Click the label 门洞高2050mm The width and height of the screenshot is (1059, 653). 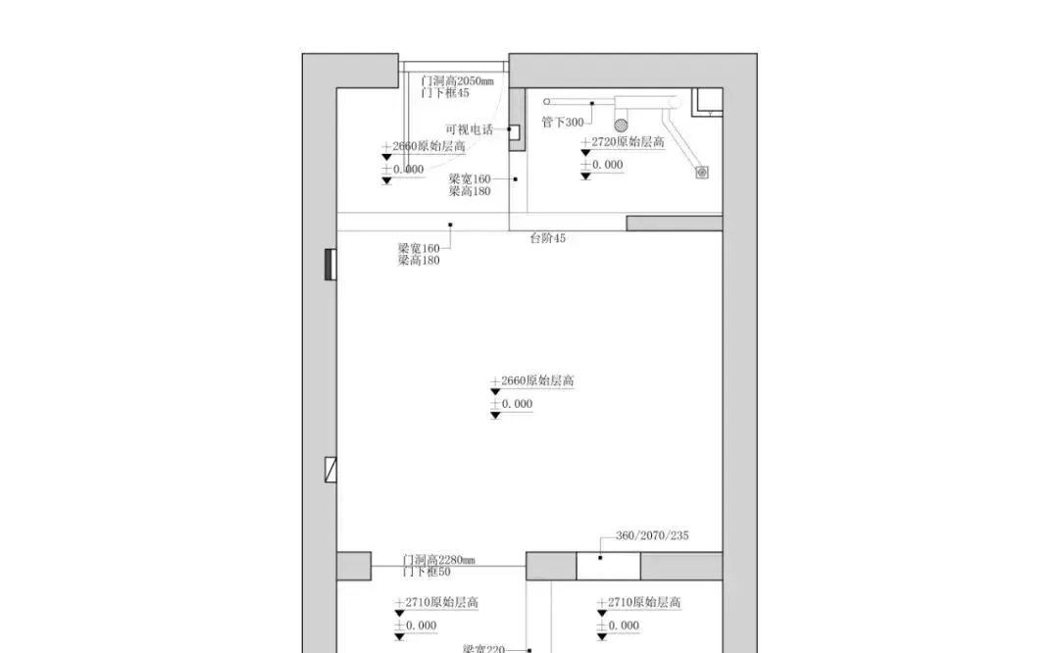(457, 81)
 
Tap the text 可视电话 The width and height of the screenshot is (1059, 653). (469, 129)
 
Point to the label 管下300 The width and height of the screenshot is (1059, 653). (562, 123)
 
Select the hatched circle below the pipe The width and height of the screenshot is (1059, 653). (621, 124)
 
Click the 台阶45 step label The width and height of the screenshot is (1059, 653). (547, 238)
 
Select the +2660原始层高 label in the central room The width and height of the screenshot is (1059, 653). (535, 381)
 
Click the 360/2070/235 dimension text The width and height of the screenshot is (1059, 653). (652, 535)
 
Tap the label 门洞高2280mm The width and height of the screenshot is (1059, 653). (438, 560)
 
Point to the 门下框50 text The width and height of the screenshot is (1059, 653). (427, 572)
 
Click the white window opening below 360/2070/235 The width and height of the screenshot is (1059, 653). (608, 567)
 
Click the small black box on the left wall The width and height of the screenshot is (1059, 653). (331, 265)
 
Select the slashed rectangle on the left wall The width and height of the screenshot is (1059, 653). (331, 470)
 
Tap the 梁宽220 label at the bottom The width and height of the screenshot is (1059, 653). (483, 648)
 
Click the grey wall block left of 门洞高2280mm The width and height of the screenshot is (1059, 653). (354, 566)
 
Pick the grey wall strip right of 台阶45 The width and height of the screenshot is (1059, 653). (675, 224)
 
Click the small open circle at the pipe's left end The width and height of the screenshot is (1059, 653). (548, 102)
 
